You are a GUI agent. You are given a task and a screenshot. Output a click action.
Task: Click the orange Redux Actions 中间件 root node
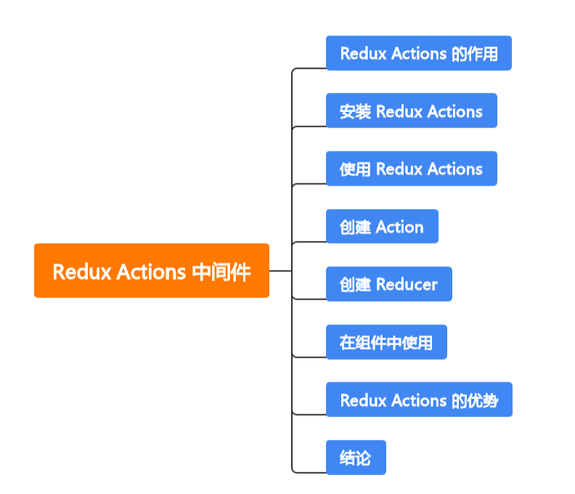pyautogui.click(x=151, y=271)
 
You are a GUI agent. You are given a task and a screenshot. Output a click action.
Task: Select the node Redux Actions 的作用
pyautogui.click(x=418, y=53)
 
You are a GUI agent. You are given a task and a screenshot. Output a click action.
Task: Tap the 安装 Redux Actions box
pyautogui.click(x=411, y=111)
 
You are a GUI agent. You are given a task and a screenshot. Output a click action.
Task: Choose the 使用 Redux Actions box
pyautogui.click(x=411, y=168)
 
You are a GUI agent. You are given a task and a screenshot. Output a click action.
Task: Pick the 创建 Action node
pyautogui.click(x=382, y=226)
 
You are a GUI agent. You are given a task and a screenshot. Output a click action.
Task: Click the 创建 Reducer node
pyautogui.click(x=388, y=284)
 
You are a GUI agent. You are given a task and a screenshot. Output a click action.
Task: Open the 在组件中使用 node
pyautogui.click(x=386, y=342)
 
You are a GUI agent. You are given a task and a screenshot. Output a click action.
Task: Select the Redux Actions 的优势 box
pyautogui.click(x=419, y=400)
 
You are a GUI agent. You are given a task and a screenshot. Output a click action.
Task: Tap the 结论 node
pyautogui.click(x=355, y=458)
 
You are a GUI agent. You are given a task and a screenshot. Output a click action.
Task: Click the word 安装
pyautogui.click(x=355, y=112)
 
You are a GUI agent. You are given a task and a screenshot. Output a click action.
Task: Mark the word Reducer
pyautogui.click(x=407, y=284)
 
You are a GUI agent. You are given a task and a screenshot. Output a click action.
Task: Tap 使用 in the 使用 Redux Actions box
pyautogui.click(x=355, y=169)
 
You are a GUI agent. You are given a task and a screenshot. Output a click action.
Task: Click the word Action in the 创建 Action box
pyautogui.click(x=399, y=227)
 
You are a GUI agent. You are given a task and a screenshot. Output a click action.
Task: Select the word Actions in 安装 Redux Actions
pyautogui.click(x=454, y=112)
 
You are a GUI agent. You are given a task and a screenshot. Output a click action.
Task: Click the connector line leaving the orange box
pyautogui.click(x=280, y=271)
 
